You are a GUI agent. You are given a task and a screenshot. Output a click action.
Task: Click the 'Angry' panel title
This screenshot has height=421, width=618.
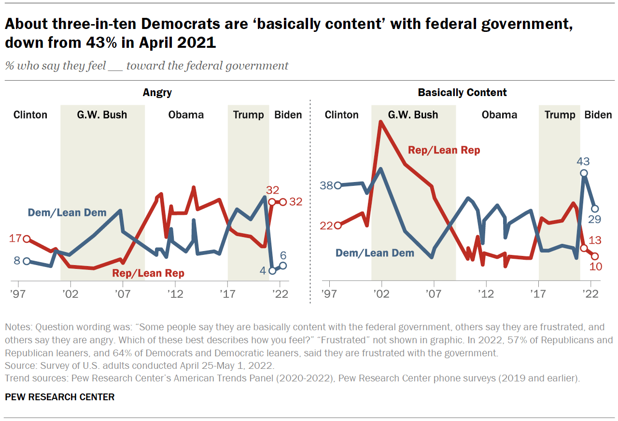click(157, 92)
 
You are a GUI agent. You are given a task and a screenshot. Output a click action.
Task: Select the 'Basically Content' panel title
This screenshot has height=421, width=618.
click(462, 92)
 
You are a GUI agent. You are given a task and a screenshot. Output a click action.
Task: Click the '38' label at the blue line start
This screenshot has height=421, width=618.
click(326, 185)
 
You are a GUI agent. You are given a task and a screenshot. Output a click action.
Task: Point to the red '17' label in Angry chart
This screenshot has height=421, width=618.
click(15, 238)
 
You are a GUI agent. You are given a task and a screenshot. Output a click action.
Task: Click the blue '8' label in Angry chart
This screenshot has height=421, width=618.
click(17, 261)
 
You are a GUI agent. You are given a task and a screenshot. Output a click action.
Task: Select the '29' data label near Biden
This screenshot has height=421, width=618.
click(594, 220)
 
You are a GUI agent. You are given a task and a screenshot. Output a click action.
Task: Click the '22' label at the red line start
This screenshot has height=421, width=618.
click(326, 225)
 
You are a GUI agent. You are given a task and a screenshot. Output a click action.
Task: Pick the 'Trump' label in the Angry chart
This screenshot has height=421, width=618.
click(248, 115)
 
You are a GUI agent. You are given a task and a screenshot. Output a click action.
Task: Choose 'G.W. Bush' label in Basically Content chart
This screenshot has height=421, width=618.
click(413, 115)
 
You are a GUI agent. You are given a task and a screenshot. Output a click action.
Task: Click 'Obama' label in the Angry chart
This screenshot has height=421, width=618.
click(186, 115)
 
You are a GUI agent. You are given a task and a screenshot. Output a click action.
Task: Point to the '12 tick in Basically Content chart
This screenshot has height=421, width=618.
click(486, 294)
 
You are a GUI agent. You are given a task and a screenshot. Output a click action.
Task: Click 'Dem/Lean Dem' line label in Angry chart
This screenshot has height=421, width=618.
click(67, 212)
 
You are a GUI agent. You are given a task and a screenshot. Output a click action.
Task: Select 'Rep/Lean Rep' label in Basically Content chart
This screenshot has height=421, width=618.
click(444, 150)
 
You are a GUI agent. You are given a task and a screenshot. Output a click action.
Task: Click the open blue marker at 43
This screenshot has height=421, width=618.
click(584, 173)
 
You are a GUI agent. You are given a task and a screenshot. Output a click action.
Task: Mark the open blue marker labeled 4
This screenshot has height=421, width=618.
click(272, 271)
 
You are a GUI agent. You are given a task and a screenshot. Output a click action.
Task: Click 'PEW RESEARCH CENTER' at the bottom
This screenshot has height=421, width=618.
click(59, 397)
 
